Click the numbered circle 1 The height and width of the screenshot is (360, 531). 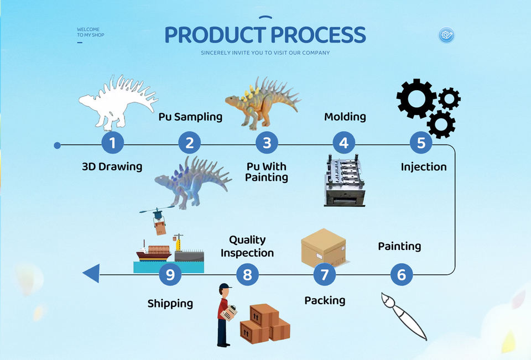pyautogui.click(x=112, y=143)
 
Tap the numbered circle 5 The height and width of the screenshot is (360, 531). pyautogui.click(x=421, y=143)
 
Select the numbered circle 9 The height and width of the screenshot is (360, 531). pyautogui.click(x=170, y=274)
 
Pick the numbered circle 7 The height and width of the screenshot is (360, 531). pyautogui.click(x=325, y=274)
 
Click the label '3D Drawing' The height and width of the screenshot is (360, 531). pyautogui.click(x=112, y=166)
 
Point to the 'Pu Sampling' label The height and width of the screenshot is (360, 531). pyautogui.click(x=190, y=117)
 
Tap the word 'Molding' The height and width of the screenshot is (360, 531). pyautogui.click(x=345, y=117)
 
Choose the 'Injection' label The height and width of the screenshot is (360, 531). pyautogui.click(x=424, y=166)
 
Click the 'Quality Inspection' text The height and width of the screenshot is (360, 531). pyautogui.click(x=247, y=246)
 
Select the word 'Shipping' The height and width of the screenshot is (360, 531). pyautogui.click(x=170, y=303)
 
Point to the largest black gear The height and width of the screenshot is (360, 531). pyautogui.click(x=416, y=98)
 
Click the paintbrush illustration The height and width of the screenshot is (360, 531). pyautogui.click(x=404, y=316)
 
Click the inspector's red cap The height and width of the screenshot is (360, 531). pyautogui.click(x=224, y=288)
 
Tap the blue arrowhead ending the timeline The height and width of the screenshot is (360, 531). pyautogui.click(x=91, y=273)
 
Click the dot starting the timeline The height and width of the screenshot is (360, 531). pyautogui.click(x=58, y=145)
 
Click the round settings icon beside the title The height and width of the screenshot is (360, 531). pyautogui.click(x=446, y=35)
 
